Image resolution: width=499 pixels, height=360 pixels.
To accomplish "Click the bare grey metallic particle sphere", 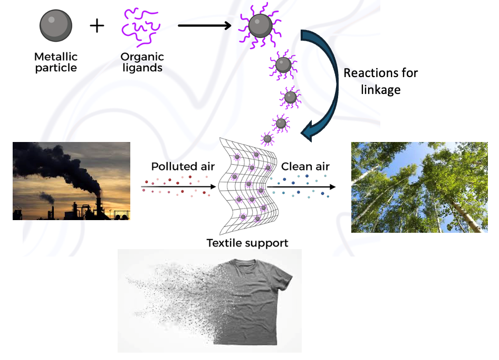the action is pos(56,25).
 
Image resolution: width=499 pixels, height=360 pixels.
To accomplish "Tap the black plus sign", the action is pos(97,26).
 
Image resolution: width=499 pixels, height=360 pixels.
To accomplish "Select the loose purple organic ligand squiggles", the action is pos(141,27).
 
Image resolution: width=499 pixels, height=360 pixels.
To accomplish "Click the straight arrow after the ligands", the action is pos(204,25).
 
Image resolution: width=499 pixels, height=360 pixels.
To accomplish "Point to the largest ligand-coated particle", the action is pos(260,25).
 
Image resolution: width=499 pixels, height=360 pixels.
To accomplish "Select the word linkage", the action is pos(381,90).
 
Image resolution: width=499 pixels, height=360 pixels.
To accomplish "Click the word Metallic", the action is pos(56,56).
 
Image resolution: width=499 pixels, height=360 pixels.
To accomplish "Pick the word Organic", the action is pos(142,57).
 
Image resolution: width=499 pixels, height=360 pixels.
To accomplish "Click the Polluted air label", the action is pos(183,166).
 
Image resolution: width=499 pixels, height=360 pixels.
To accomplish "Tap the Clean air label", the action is pos(305,166).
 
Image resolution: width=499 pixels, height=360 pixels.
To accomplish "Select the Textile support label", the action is pos(247,243).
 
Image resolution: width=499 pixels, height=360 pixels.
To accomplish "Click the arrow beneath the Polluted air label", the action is pos(178,187).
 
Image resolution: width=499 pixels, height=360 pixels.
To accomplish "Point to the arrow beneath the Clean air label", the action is pos(301,187).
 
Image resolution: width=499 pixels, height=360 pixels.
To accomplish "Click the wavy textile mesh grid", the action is pos(248,186).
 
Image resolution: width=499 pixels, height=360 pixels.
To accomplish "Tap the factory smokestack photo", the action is pos(71,181).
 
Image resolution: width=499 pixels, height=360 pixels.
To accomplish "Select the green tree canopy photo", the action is pos(419,187).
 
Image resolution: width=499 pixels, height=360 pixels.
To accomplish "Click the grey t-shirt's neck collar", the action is pos(244,264).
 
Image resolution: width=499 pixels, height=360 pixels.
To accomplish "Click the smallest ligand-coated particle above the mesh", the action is pos(267,139).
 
